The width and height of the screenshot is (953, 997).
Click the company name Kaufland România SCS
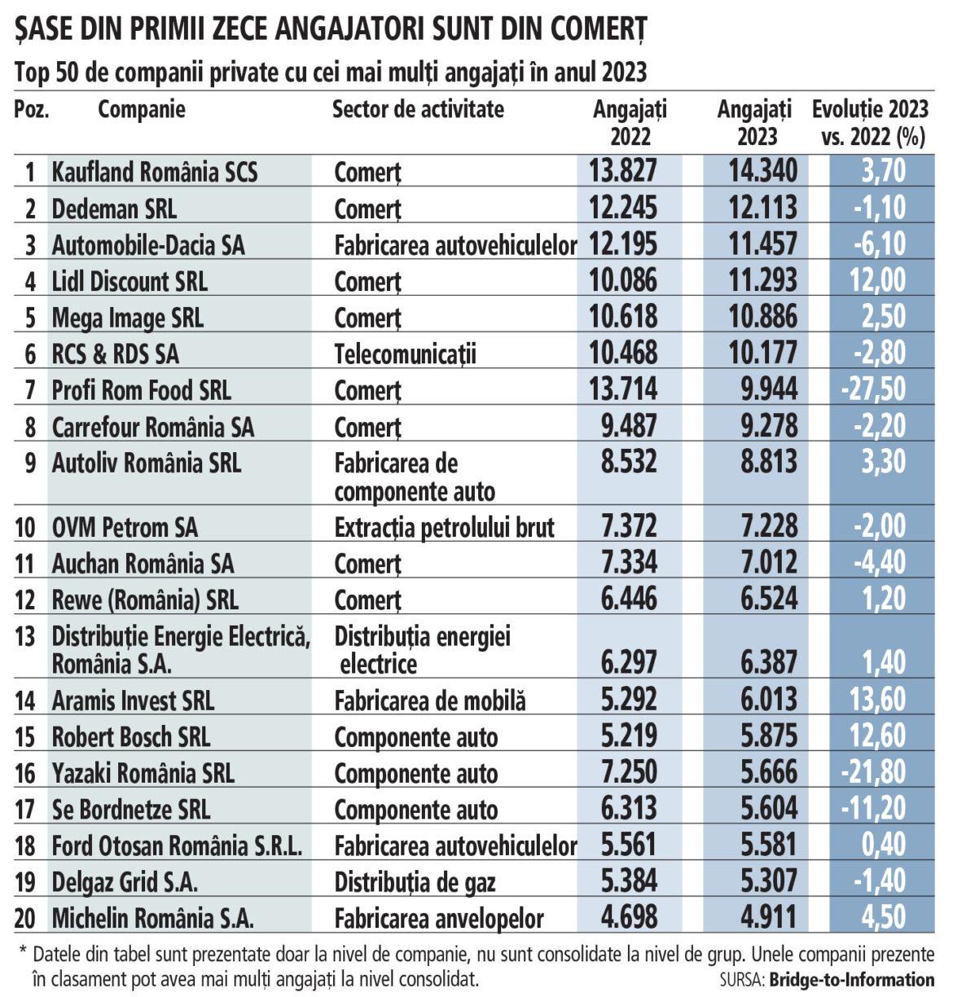(x=155, y=172)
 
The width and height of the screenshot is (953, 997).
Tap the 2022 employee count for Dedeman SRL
(x=622, y=208)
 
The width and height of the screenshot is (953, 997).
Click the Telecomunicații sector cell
(x=405, y=354)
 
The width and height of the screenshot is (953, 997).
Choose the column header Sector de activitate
(x=418, y=109)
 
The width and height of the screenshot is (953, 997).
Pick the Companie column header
(x=142, y=109)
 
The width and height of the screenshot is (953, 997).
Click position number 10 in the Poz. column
(x=26, y=528)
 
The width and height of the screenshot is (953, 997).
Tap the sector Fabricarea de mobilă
(x=430, y=701)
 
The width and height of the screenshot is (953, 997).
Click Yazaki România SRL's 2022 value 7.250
(x=622, y=773)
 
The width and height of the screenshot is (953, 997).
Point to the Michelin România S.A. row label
(x=153, y=919)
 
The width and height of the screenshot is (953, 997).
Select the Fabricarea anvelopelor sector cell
(x=439, y=919)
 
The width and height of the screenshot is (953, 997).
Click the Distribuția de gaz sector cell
(x=415, y=882)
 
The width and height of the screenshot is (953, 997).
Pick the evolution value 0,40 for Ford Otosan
(x=883, y=845)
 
